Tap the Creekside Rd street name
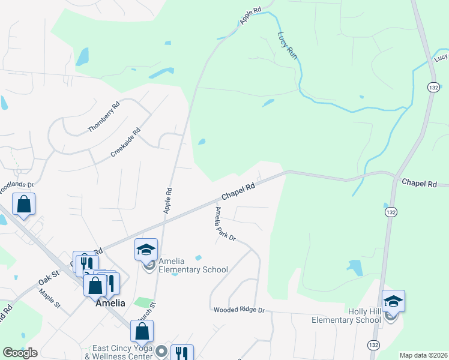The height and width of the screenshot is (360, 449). (x=125, y=142)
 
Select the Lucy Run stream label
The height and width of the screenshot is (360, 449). (x=288, y=45)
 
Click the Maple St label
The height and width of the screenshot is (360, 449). (x=50, y=298)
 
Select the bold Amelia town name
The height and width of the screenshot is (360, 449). (x=110, y=303)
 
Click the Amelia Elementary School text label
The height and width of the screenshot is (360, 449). (x=193, y=265)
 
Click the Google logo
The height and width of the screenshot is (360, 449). (x=20, y=353)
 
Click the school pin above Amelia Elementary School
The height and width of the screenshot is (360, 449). (x=146, y=250)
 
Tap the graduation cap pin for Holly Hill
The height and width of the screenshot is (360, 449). (x=393, y=301)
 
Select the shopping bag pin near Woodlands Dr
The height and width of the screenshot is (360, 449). (x=23, y=204)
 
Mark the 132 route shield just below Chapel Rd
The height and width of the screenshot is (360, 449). (x=390, y=212)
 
